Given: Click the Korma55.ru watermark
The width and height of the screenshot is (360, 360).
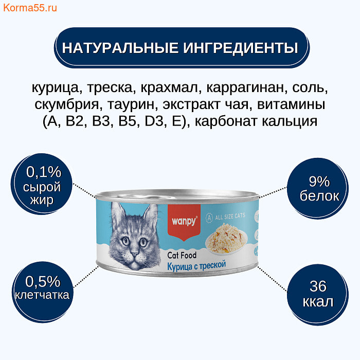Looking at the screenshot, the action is tap(30, 8).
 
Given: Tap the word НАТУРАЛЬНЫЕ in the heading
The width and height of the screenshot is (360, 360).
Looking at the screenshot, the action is tap(120, 48).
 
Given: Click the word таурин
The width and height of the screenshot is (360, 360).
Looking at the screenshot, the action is tap(132, 105).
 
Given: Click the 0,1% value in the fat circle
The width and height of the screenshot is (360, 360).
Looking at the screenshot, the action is tap(44, 172).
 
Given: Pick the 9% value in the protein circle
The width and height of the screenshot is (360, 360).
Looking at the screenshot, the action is tap(319, 182).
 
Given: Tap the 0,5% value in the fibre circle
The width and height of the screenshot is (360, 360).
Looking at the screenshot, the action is tap(43, 281).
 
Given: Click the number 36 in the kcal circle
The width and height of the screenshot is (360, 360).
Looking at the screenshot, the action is tap(318, 286).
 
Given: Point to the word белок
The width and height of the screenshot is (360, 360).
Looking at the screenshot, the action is tap(319, 196).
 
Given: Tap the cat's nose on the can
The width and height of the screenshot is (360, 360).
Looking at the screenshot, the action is tap(134, 253).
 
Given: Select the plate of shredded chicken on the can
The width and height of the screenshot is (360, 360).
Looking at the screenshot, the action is tap(226, 239).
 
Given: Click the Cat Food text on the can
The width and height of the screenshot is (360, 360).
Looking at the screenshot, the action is tap(182, 255).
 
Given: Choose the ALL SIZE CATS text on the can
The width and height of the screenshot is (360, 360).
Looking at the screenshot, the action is tap(230, 217).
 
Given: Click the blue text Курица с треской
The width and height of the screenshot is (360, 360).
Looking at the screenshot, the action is tap(196, 266).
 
